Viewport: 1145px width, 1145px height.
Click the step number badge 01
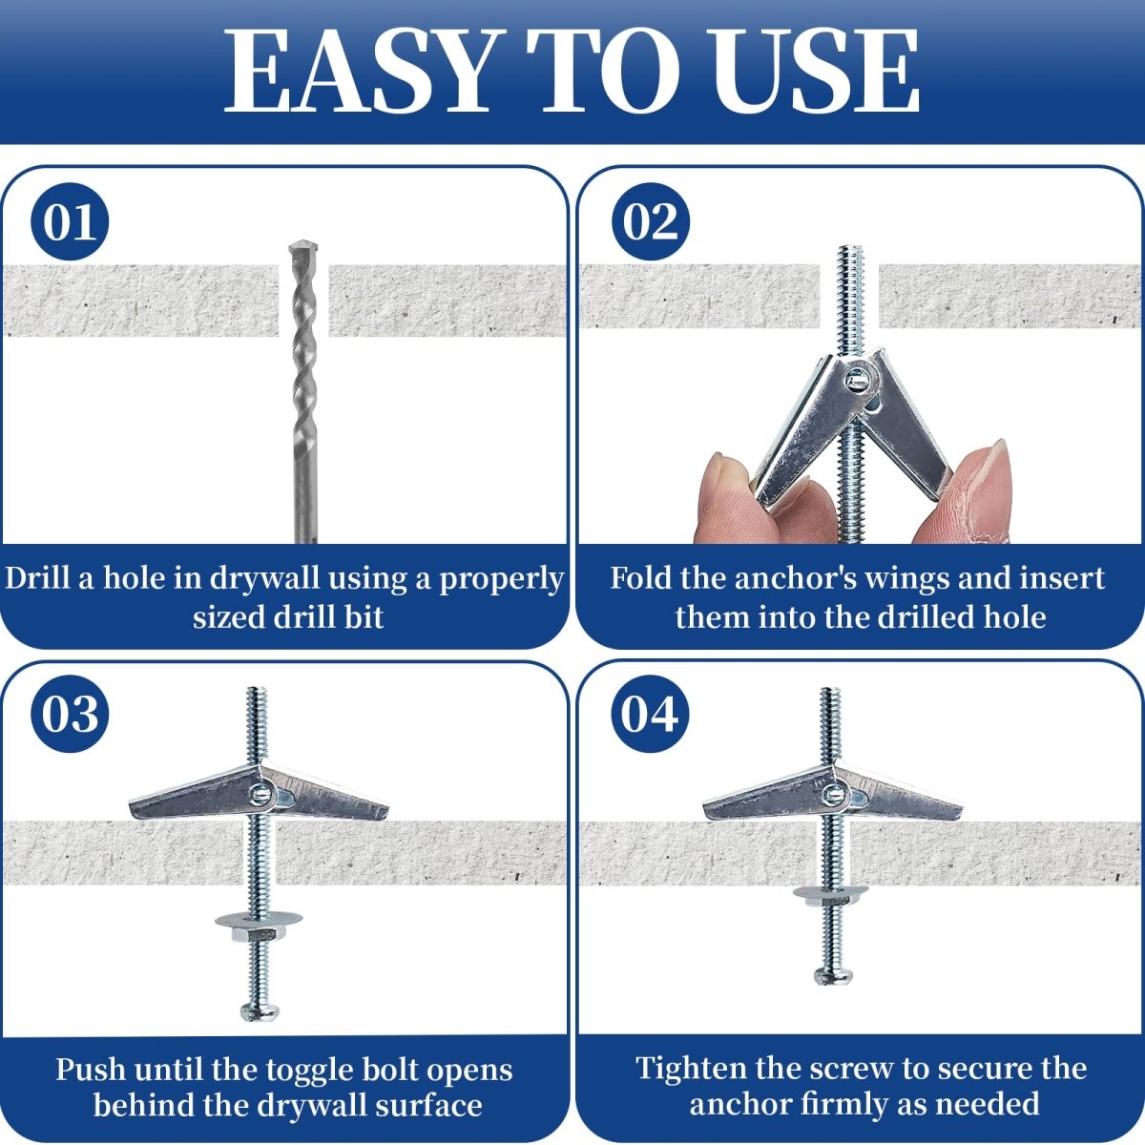point(70,221)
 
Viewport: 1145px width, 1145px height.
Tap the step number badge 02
point(651,221)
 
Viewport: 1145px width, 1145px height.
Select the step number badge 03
point(70,714)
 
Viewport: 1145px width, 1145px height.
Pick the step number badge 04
point(651,714)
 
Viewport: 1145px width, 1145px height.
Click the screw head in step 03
point(260,1012)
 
